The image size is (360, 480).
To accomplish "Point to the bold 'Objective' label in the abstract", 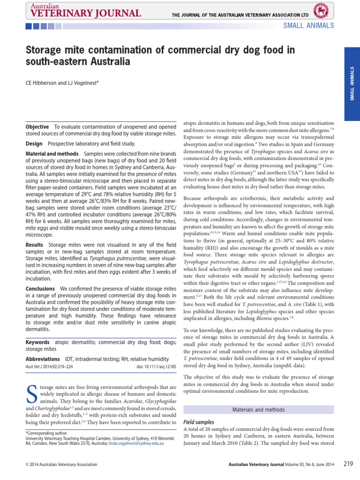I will pyautogui.click(x=37, y=127).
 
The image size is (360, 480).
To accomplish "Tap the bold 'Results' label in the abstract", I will pyautogui.click(x=35, y=245).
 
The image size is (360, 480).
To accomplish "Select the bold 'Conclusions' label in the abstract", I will pyautogui.click(x=40, y=288).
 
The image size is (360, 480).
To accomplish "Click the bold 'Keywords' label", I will pyautogui.click(x=37, y=342).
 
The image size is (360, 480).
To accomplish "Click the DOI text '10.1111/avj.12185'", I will pyautogui.click(x=156, y=367).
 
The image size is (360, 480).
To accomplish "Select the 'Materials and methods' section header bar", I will pyautogui.click(x=259, y=410).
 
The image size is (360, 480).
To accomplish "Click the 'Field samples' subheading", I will pyautogui.click(x=198, y=422).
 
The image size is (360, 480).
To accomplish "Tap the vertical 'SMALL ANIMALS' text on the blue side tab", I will pyautogui.click(x=352, y=83).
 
